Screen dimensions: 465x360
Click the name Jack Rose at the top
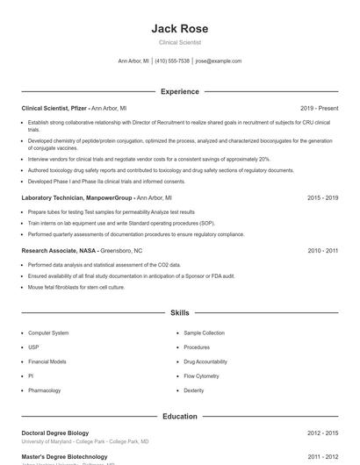coord(179,29)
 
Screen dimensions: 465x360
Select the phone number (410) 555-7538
coord(172,61)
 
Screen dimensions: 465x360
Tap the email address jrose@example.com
coord(219,61)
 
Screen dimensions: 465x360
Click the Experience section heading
coord(179,91)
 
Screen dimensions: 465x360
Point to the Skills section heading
coord(179,312)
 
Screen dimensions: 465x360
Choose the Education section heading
coord(179,416)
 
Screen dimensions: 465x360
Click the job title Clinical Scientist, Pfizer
coord(54,108)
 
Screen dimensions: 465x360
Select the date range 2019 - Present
coord(319,108)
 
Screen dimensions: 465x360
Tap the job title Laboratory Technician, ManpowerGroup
coord(77,198)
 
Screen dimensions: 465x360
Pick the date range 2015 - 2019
coord(322,198)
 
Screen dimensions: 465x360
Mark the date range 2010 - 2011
coord(322,250)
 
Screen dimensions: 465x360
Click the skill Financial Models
coord(47,361)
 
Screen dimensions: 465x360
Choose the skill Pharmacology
coord(45,390)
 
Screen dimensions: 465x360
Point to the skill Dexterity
coord(194,390)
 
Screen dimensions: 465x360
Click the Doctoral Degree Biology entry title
coord(55,433)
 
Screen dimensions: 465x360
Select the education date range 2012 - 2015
coord(322,433)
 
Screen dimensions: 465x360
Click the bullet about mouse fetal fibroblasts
coord(66,287)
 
